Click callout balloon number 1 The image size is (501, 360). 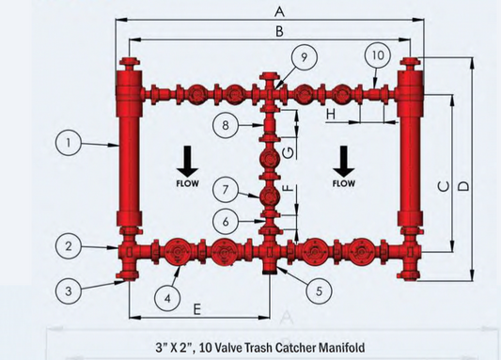[67, 144]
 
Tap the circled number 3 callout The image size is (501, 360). [67, 291]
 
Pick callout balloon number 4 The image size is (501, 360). [166, 297]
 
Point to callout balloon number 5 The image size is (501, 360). [318, 291]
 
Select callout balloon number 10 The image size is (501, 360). [376, 56]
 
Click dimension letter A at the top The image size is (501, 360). [277, 11]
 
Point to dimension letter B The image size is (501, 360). [277, 32]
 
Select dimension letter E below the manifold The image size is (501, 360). [196, 308]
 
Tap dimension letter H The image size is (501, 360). [330, 114]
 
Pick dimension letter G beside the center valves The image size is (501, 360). [289, 151]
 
